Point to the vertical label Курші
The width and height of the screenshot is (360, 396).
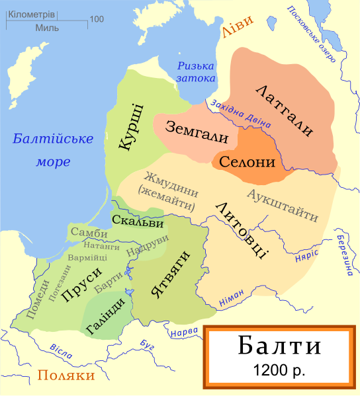click(132, 126)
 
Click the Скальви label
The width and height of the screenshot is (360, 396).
click(137, 221)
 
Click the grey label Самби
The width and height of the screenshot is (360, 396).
click(88, 233)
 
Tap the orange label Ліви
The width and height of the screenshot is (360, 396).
click(237, 32)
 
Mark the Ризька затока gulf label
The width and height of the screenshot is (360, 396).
click(197, 71)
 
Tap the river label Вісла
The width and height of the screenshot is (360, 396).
click(62, 351)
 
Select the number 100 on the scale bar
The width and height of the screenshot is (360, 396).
click(97, 19)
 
